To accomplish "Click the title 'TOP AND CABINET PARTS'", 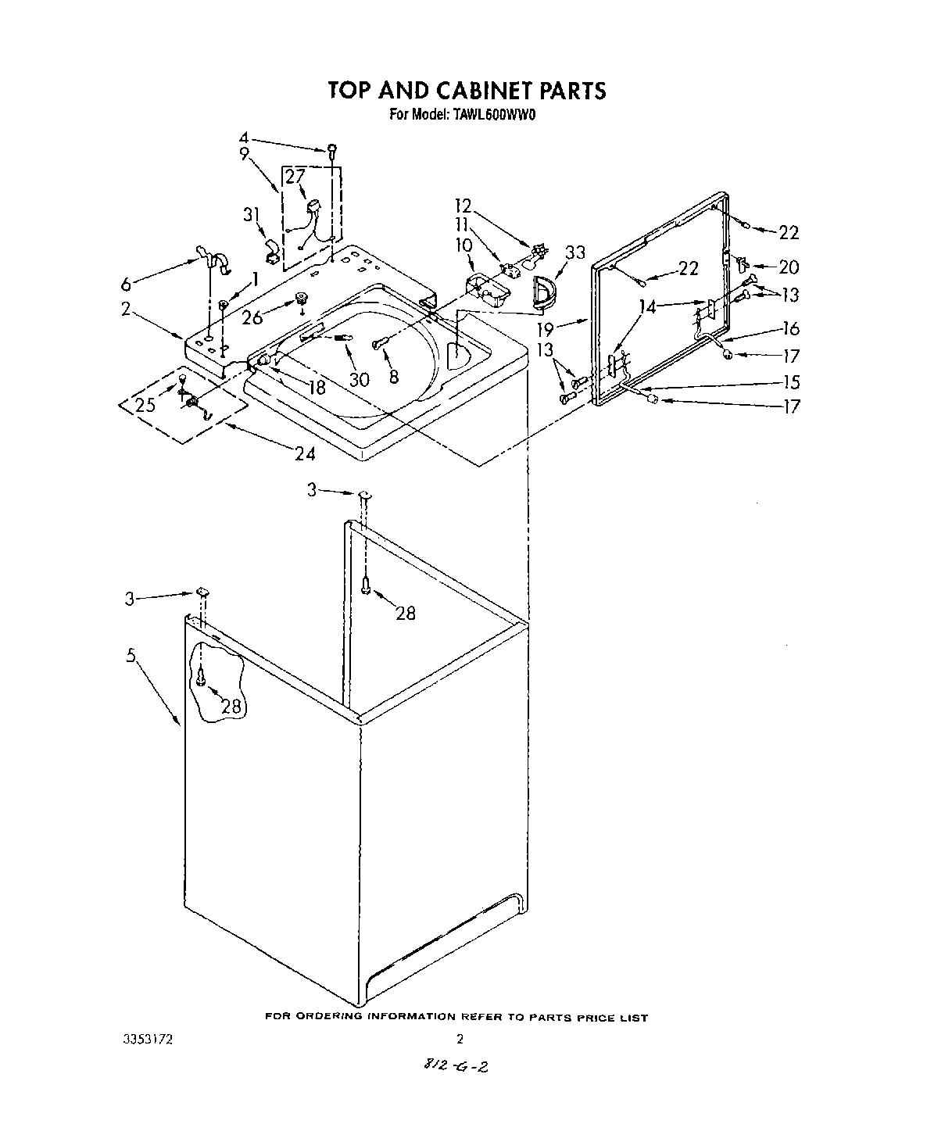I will click(x=467, y=90).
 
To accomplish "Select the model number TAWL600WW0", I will click(x=497, y=114).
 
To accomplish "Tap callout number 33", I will click(x=574, y=252).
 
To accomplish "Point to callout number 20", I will click(x=789, y=267).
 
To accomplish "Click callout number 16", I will click(x=790, y=329).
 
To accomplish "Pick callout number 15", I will click(x=792, y=381).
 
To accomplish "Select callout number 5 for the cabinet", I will click(x=131, y=657).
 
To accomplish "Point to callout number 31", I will click(x=251, y=213).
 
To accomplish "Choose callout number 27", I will click(x=294, y=176).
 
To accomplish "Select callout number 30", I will click(x=359, y=379).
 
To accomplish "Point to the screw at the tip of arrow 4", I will click(x=332, y=149).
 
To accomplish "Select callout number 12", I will click(x=464, y=206).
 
